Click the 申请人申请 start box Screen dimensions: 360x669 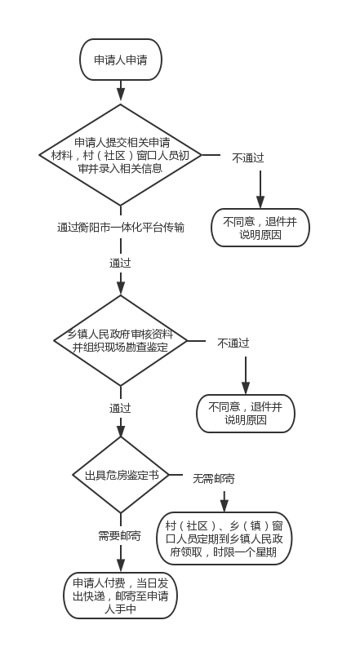[x=121, y=60]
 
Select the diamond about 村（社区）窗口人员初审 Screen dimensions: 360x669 [x=121, y=155]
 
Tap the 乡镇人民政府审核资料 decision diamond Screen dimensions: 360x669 [x=121, y=340]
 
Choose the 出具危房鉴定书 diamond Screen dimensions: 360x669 [x=121, y=475]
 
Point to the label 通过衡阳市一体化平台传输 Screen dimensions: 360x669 [x=121, y=228]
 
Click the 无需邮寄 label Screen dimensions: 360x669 [x=214, y=479]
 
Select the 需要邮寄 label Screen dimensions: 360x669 [x=119, y=536]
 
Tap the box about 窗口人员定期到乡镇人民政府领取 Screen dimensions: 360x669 [x=224, y=538]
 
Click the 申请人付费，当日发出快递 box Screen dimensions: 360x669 [x=121, y=596]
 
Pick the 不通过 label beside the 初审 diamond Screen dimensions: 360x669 [x=248, y=157]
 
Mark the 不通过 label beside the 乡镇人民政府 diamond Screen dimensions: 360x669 [x=233, y=343]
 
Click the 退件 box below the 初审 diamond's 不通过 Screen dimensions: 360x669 [x=260, y=228]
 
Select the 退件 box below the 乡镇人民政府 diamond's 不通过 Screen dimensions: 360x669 [x=246, y=414]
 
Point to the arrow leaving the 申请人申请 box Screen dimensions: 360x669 [x=121, y=91]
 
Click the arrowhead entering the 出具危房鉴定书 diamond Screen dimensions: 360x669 [x=121, y=432]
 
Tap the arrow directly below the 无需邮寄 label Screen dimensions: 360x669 [x=224, y=501]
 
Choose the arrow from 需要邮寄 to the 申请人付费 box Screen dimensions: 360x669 [x=121, y=558]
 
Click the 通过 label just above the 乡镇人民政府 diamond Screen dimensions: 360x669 [x=120, y=264]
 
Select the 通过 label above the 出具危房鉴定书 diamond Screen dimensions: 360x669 [x=120, y=408]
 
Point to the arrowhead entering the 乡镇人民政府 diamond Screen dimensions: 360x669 [x=121, y=290]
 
